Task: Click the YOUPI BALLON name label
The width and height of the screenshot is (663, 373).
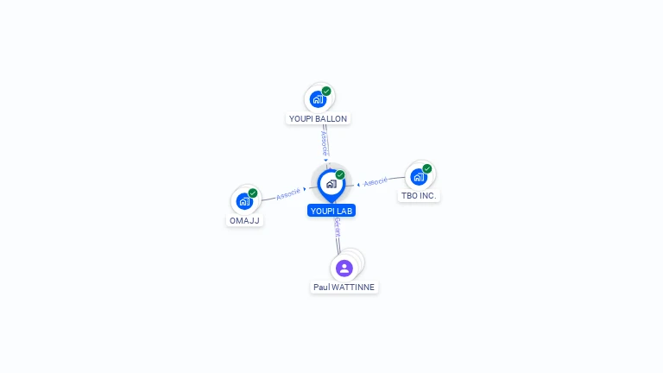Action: [319, 118]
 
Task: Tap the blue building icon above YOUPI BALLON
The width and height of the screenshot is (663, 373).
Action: [318, 99]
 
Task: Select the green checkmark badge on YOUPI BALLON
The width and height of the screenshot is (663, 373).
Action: [326, 91]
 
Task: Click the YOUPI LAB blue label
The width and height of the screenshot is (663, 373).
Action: [331, 211]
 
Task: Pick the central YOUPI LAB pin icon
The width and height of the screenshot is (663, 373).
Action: [331, 184]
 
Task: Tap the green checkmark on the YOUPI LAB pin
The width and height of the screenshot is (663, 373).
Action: [340, 175]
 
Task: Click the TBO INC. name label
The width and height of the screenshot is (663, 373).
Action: [420, 196]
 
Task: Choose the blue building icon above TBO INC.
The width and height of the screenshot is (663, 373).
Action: [419, 177]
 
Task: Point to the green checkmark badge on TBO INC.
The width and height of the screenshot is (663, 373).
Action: [427, 168]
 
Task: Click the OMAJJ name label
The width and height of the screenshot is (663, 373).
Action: [244, 220]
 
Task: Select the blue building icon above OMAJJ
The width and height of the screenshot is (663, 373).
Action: [244, 202]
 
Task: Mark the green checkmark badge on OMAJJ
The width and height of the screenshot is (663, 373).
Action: [253, 193]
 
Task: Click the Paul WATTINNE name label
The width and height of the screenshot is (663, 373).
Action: [344, 287]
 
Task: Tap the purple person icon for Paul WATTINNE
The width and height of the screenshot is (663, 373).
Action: [344, 268]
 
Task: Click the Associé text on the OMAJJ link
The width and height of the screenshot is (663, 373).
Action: [288, 193]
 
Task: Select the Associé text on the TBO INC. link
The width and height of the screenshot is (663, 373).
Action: [376, 182]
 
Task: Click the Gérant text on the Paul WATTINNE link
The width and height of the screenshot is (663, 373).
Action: [337, 227]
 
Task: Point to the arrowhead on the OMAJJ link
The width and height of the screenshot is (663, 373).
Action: [306, 189]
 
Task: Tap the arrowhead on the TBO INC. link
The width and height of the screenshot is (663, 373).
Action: [358, 183]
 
